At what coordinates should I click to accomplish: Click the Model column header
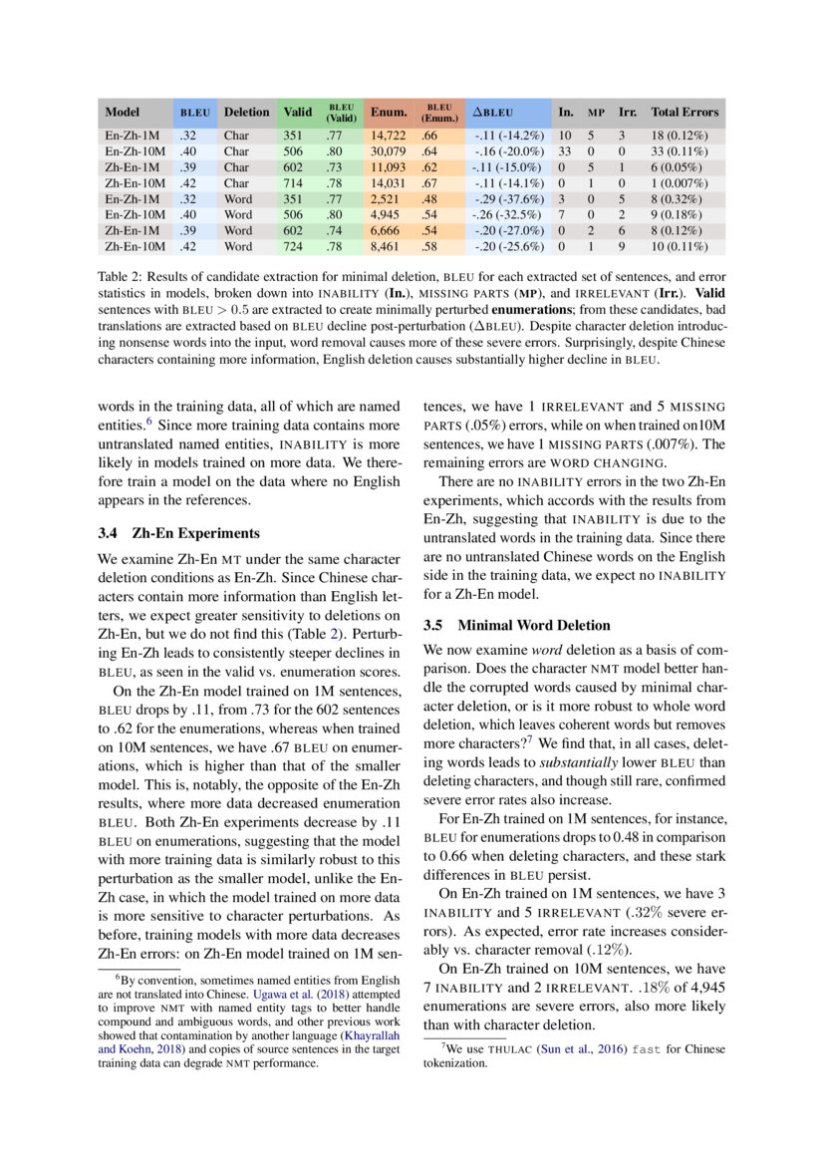tap(122, 113)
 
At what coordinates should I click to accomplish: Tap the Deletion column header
tap(246, 113)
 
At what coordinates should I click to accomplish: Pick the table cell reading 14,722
tap(388, 135)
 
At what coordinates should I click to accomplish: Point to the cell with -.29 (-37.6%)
tap(508, 198)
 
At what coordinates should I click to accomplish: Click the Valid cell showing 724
tap(293, 246)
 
